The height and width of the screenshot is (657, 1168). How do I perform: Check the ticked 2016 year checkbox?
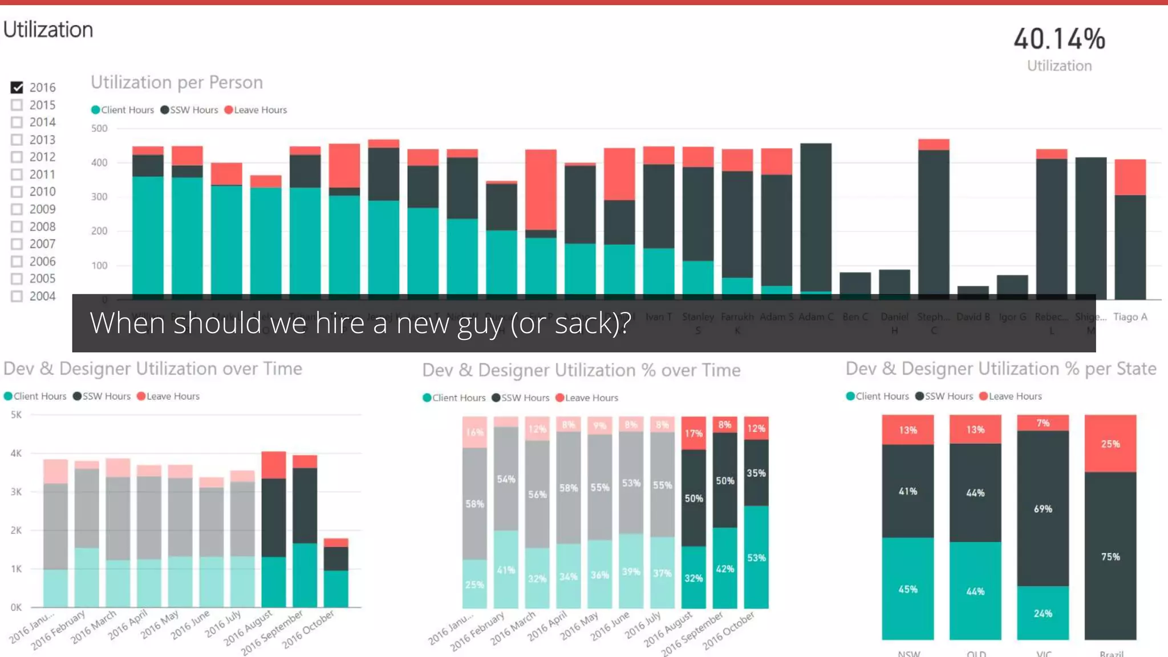tap(17, 88)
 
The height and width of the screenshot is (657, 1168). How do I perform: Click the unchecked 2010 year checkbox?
tap(17, 192)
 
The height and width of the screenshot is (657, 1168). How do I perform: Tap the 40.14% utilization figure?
tap(1059, 39)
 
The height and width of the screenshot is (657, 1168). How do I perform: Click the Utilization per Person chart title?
tap(177, 83)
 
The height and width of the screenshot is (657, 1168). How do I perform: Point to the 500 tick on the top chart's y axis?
tap(99, 129)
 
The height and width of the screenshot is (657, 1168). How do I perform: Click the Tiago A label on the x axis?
tap(1130, 317)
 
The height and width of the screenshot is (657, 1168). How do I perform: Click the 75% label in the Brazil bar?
tap(1110, 557)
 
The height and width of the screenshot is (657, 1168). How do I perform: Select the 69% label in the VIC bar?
tap(1043, 509)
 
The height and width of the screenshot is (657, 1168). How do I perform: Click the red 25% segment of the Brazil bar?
tap(1110, 444)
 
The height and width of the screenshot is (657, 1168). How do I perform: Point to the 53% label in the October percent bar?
tap(756, 558)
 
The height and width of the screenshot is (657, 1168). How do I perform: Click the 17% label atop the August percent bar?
tap(693, 433)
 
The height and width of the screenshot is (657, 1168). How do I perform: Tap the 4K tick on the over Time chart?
tap(16, 453)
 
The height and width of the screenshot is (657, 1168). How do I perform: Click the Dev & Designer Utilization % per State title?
tap(1001, 369)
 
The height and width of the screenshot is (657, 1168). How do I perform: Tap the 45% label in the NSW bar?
tap(907, 589)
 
